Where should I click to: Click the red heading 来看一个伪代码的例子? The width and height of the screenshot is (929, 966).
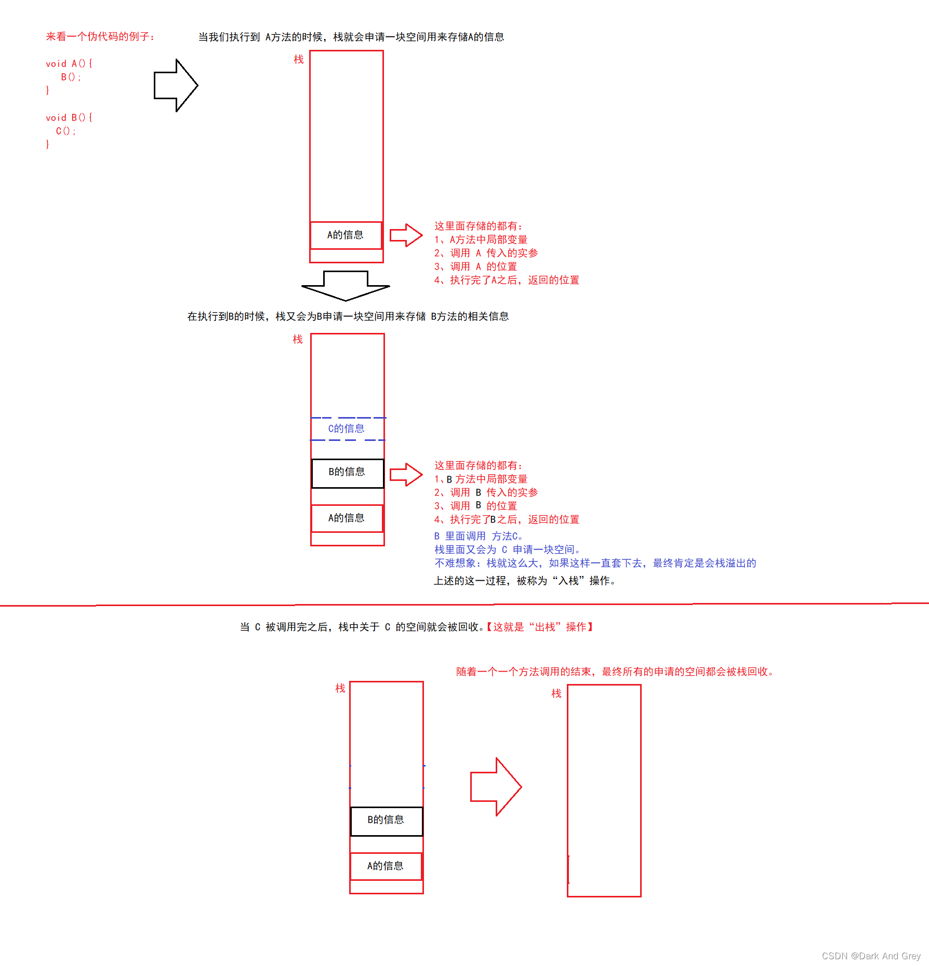100,36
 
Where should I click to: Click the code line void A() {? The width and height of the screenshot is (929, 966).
69,63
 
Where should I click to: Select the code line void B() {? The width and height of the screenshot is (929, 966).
69,117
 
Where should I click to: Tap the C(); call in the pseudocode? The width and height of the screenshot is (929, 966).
66,131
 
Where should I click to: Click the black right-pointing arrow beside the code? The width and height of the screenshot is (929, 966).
176,85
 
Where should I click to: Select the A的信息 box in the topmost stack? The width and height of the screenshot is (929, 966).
346,235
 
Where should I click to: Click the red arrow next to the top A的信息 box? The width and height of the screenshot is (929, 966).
406,235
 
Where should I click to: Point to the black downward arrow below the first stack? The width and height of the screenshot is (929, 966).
346,286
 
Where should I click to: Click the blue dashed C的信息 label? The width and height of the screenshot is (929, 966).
347,428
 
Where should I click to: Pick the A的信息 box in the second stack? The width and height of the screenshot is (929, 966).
347,518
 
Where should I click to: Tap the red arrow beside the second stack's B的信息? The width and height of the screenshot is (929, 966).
406,475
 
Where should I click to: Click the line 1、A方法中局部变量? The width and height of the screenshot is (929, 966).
481,239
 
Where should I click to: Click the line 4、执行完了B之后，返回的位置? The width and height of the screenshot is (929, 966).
507,519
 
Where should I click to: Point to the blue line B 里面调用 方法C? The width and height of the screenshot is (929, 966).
479,536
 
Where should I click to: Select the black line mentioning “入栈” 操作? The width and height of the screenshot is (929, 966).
525,581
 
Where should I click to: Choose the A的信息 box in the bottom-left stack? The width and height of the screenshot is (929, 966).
386,866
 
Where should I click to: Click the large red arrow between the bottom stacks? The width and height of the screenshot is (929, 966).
496,786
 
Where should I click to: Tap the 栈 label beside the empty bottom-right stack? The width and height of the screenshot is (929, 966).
556,693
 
